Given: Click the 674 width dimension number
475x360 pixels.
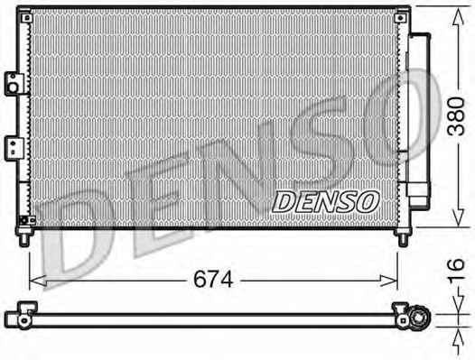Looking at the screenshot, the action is [x=213, y=279].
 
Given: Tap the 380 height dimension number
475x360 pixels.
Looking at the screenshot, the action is [x=456, y=116].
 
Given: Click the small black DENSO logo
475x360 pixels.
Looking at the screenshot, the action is [x=326, y=201].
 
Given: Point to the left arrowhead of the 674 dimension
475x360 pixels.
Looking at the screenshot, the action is [x=38, y=281].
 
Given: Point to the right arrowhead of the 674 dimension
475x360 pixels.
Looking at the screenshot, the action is [x=389, y=281].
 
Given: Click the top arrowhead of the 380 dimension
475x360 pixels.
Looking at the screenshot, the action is [x=459, y=16].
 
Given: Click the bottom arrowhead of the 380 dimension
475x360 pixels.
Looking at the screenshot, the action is [x=459, y=218].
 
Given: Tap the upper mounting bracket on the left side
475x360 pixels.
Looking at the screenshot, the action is [x=14, y=84].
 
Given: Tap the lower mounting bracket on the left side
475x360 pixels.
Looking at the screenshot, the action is [x=14, y=148].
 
